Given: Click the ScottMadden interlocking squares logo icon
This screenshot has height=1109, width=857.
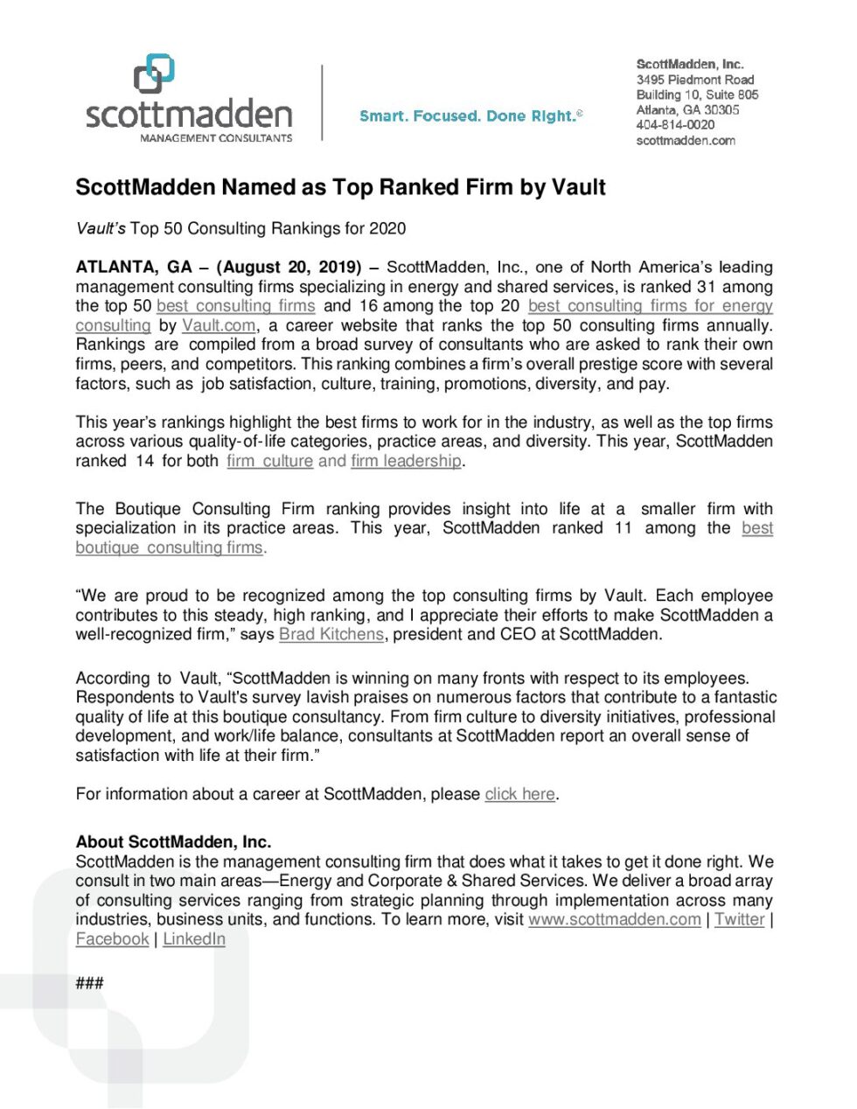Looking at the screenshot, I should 154,73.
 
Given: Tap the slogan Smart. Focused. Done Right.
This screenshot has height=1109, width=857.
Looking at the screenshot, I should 470,115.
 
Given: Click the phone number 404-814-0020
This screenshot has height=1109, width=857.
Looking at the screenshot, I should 675,125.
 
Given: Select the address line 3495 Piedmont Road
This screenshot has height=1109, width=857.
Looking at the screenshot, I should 695,80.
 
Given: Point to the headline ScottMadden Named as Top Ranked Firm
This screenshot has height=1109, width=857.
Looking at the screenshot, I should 340,187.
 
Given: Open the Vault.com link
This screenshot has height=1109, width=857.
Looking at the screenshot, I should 219,325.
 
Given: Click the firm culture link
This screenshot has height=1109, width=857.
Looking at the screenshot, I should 269,461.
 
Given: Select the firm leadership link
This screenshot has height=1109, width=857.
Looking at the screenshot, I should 406,461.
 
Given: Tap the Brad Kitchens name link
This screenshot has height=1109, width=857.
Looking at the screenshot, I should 331,634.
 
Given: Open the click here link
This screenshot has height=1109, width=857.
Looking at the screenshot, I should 520,794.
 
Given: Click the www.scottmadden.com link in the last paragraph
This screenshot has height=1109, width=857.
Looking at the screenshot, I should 614,919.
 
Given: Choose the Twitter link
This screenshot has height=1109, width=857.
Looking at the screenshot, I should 739,919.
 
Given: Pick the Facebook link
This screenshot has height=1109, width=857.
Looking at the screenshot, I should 112,938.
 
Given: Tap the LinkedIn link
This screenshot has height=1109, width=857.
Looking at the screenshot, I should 194,938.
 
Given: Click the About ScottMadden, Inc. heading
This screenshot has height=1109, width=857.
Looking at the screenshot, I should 173,841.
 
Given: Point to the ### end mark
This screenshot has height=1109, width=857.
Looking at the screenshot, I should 89,983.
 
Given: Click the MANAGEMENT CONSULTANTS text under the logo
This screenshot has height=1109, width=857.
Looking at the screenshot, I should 216,138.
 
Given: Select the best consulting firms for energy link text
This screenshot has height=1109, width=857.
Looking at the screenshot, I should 650,305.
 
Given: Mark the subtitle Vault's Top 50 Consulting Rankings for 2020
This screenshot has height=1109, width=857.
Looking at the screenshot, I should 240,228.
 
